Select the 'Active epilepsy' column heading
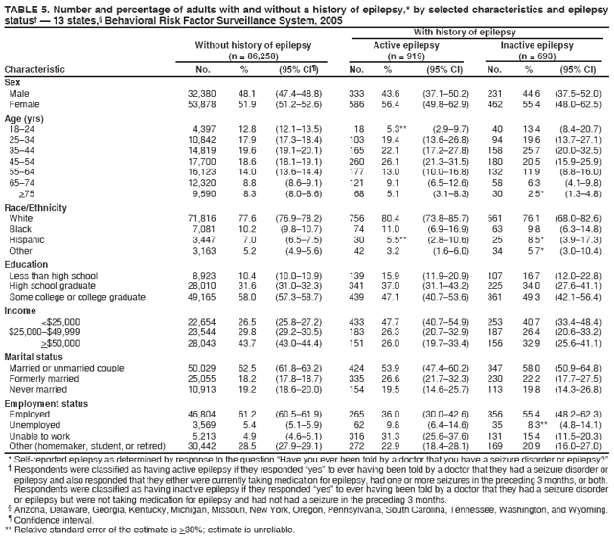[398, 45]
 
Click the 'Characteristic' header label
[35, 70]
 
